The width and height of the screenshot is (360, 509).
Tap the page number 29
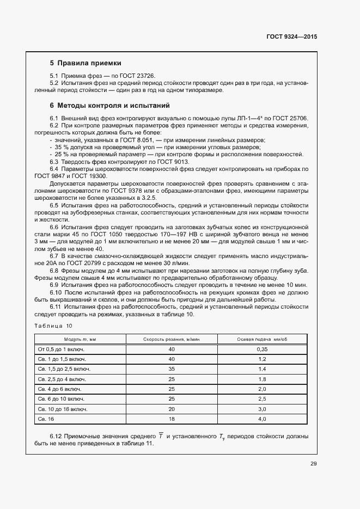(x=313, y=464)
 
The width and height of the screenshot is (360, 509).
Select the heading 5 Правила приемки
(x=85, y=63)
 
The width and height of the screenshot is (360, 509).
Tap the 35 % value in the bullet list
(x=60, y=147)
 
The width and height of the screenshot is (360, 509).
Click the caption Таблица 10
(x=53, y=326)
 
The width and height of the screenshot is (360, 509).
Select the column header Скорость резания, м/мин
(x=172, y=339)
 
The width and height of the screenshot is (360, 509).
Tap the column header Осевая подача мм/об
(x=262, y=339)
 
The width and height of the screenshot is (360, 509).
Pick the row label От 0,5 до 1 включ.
(x=62, y=349)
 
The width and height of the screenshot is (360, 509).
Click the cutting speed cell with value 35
(x=172, y=369)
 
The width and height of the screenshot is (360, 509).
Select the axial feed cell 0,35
(x=262, y=349)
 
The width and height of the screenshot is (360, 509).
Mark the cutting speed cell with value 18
(x=172, y=419)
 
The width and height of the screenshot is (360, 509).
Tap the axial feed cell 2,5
(x=262, y=398)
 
